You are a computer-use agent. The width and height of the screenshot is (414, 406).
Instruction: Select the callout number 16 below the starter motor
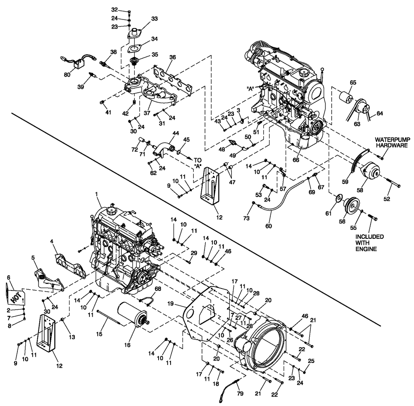pos(127,344)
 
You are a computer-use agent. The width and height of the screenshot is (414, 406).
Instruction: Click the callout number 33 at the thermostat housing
pos(143,19)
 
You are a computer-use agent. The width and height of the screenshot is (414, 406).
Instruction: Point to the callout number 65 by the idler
pos(353,83)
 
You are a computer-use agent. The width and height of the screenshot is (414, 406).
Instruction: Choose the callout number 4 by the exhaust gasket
pos(52,240)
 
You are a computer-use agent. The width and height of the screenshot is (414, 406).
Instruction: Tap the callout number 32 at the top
pos(115,10)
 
